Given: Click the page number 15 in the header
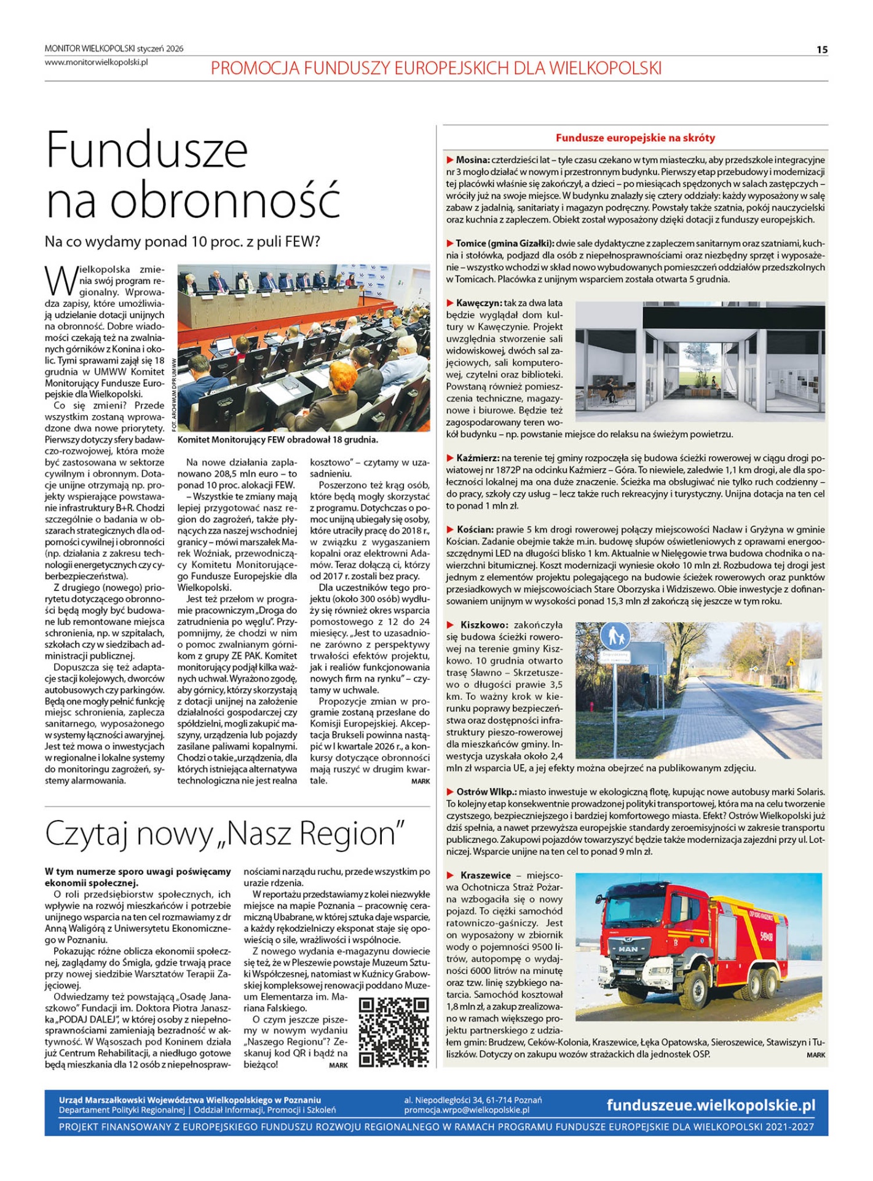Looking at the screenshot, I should (821, 50).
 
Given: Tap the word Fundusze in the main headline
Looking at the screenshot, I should (147, 149).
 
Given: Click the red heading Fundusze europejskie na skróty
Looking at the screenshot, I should (635, 138).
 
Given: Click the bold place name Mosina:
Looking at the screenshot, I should (472, 160).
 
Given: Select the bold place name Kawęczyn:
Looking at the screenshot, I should (479, 303).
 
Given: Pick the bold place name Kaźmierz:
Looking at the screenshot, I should (477, 458).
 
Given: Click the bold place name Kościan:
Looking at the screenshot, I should (475, 530).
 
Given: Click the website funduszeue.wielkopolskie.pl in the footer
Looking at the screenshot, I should (711, 1105).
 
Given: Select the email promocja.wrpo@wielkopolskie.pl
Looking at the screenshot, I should (467, 1110).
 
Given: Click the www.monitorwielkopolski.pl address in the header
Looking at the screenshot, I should (97, 62).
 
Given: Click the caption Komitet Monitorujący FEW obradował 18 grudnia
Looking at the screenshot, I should (277, 440).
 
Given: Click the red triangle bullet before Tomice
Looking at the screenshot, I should (450, 244).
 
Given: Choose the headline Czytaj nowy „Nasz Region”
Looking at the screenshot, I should (225, 834).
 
